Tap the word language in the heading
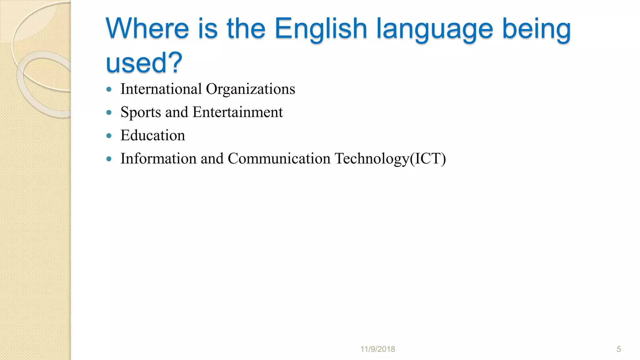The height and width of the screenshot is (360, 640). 434,30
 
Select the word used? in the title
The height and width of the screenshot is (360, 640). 144,62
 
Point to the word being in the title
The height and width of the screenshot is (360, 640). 536,30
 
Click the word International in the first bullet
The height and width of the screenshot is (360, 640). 161,89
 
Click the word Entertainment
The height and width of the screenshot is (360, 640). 237,112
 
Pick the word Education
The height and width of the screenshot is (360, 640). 153,135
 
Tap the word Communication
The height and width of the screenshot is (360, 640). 279,158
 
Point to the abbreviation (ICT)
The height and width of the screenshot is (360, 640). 428,159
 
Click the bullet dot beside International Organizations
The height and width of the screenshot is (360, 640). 109,89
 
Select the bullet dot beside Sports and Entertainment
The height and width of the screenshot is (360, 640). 109,112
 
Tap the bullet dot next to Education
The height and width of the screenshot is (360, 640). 109,136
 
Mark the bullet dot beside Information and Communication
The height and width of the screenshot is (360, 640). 109,159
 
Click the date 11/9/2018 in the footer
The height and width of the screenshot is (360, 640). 377,349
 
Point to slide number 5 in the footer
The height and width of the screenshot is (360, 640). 618,349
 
